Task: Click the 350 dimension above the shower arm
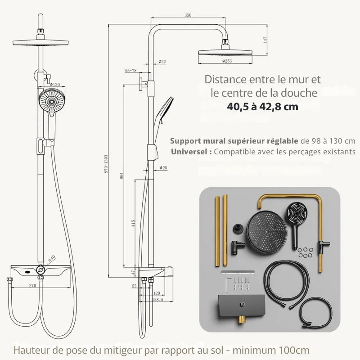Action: (188, 15)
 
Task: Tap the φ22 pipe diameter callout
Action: (162, 61)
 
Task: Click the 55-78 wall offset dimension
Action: (131, 71)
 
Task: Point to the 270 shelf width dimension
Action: (32, 285)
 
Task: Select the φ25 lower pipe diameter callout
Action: (163, 168)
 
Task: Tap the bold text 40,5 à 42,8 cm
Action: (262, 107)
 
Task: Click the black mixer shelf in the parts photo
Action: (237, 306)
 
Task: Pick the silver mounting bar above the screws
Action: (237, 272)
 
